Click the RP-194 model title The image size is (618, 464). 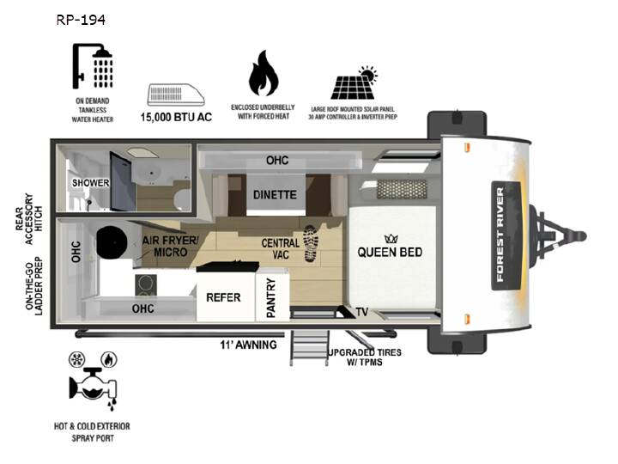click(x=81, y=20)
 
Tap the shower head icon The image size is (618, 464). click(x=93, y=66)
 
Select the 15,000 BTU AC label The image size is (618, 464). click(x=176, y=117)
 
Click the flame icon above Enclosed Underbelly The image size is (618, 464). click(x=264, y=73)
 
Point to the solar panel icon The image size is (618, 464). click(x=354, y=82)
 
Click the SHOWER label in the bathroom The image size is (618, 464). click(x=91, y=183)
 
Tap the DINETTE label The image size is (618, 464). click(x=275, y=194)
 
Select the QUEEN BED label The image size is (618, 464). click(x=390, y=252)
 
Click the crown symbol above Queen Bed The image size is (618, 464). click(x=391, y=238)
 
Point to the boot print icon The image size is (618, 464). click(x=311, y=243)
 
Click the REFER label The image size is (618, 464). click(x=223, y=297)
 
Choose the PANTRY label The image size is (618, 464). click(x=270, y=297)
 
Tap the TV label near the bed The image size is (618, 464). click(x=362, y=312)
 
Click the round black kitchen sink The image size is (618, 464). click(x=112, y=242)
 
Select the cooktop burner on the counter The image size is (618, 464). click(x=146, y=285)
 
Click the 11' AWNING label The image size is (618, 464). click(x=248, y=345)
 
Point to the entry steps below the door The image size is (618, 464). click(x=309, y=348)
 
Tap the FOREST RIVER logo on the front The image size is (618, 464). click(x=500, y=235)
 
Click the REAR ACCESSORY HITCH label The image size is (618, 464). click(x=29, y=218)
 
